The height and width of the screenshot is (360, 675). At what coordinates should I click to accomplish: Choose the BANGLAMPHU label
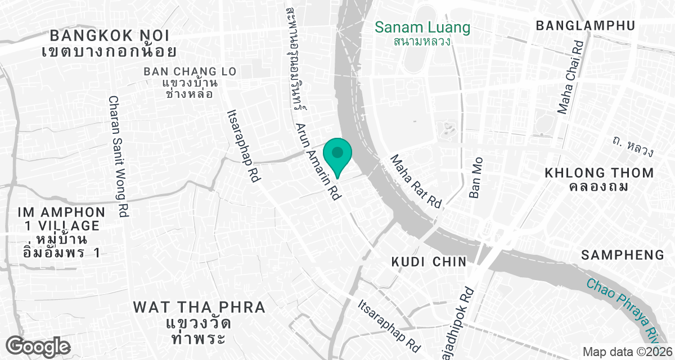coord(586,25)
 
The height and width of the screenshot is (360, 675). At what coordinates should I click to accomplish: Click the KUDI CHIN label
coord(429,262)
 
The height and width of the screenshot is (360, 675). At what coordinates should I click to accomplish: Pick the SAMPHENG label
coord(623,255)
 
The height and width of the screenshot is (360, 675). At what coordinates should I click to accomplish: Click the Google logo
coord(38,346)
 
